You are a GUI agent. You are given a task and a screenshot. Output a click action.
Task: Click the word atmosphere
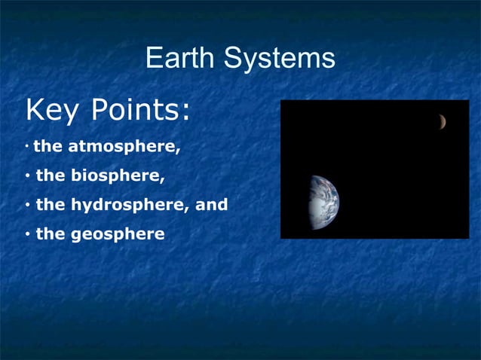tap(124, 147)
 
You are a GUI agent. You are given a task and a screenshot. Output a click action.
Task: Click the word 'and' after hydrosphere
tap(212, 205)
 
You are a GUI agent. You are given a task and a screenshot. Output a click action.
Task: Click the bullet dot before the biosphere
tap(27, 176)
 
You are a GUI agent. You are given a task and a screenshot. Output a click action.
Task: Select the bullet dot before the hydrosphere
tap(27, 205)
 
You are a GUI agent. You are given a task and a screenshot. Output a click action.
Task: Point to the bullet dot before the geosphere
tap(27, 233)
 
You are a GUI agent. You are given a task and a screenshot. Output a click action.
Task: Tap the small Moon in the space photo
tap(443, 121)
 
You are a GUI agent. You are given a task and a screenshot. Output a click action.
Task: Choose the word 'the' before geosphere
tap(51, 233)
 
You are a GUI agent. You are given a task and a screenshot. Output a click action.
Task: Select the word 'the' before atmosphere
tap(48, 147)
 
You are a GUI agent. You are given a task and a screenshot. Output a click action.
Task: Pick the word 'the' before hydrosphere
tap(51, 205)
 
